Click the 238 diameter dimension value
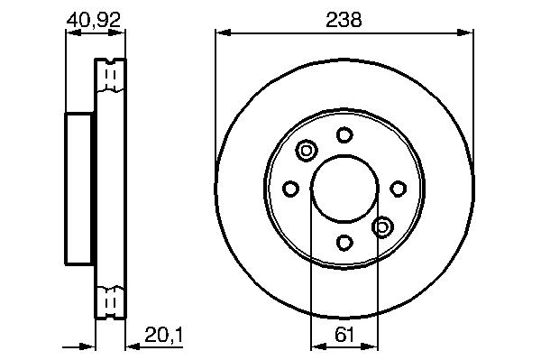click(x=344, y=20)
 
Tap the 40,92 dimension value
click(x=94, y=20)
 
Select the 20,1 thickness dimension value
click(x=164, y=335)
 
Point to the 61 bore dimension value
click(x=344, y=335)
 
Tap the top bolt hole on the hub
click(x=344, y=134)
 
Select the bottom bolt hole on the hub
click(x=344, y=243)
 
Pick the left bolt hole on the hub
click(x=290, y=189)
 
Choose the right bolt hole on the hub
click(x=399, y=189)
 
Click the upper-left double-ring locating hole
click(x=307, y=151)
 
